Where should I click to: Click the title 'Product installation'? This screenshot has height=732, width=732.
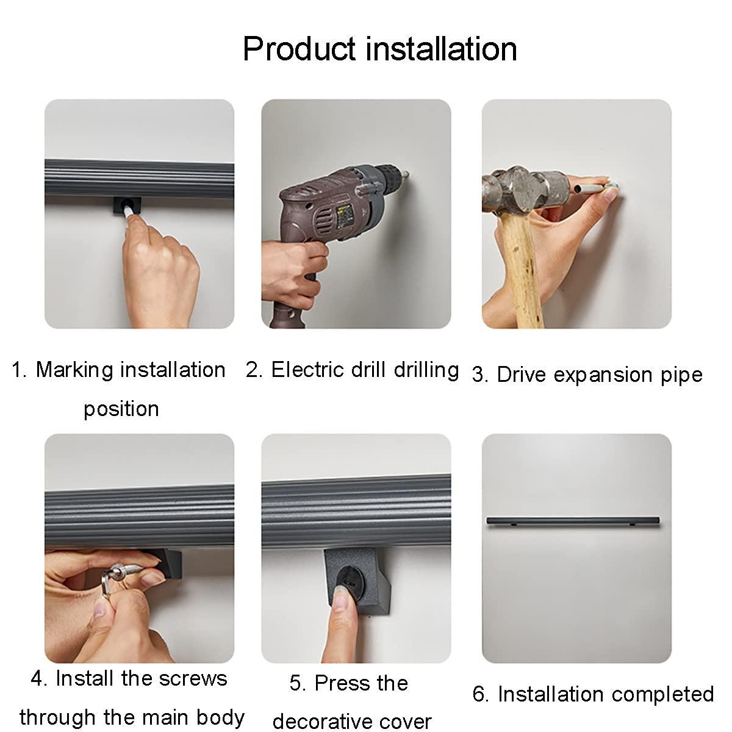coord(379,49)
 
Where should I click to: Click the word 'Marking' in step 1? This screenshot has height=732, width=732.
coord(74,370)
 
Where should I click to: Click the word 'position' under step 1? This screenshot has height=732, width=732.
coord(121,409)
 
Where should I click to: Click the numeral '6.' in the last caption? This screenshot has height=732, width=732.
coord(481,694)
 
